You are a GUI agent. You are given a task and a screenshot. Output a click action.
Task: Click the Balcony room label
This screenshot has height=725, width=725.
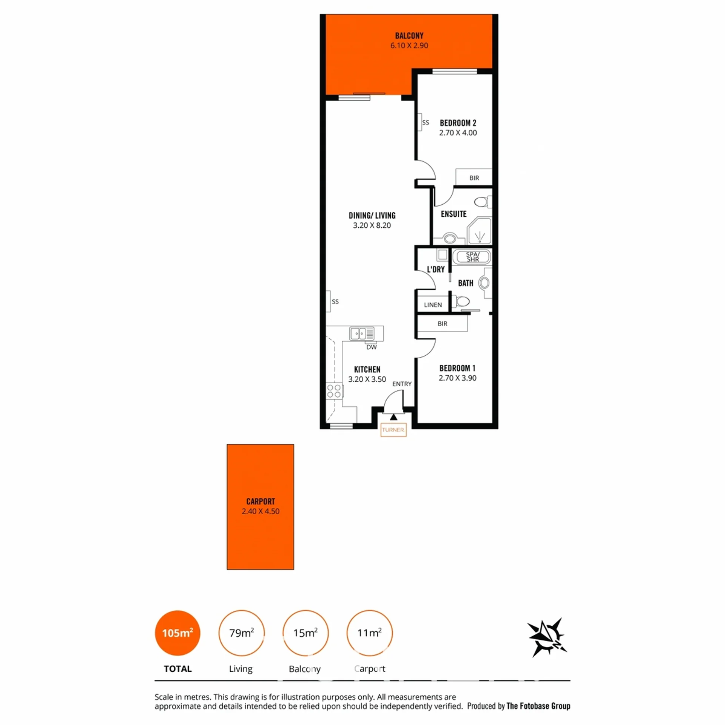[x=409, y=36]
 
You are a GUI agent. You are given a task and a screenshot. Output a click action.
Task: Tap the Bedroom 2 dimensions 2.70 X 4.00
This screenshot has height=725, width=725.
[x=458, y=133]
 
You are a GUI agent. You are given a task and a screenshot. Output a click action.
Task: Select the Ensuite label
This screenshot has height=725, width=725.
[x=454, y=214]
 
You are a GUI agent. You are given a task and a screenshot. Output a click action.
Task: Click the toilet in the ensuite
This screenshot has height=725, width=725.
[x=483, y=202]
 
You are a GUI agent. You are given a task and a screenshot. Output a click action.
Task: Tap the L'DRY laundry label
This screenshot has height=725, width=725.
[x=436, y=269]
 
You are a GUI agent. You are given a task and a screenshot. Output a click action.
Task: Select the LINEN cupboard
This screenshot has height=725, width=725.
[x=433, y=304]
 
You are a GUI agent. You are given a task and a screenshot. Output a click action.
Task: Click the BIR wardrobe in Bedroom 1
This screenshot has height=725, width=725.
[x=442, y=324]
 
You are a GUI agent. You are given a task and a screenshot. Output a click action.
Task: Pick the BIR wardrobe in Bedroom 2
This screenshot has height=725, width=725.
[x=474, y=177]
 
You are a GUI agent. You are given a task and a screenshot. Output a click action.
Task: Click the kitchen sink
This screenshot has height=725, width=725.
[x=362, y=333]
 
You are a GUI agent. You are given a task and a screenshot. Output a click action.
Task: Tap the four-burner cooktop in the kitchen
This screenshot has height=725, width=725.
[x=334, y=391]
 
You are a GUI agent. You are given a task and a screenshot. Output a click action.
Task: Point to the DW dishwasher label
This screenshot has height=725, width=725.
[x=372, y=347]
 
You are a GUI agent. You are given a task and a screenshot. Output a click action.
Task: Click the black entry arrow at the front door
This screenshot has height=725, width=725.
[x=393, y=417]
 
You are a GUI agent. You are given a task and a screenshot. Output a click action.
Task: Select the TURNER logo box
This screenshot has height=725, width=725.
[x=393, y=430]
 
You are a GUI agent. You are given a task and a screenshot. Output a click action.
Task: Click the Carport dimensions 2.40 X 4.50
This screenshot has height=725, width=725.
[x=261, y=511]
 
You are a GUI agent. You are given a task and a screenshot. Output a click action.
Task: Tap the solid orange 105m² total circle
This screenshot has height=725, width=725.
[x=177, y=633]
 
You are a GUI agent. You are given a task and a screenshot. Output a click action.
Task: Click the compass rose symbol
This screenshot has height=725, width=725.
[x=547, y=638]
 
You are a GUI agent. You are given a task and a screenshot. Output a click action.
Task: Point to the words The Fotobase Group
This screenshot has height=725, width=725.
[x=538, y=706]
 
